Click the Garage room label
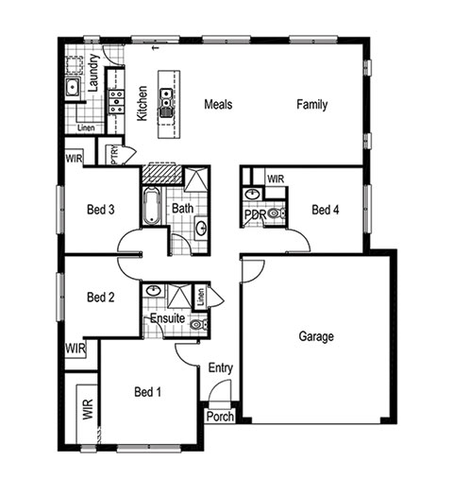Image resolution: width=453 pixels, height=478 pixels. point(316,336)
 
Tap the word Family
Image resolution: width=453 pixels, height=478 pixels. point(311,104)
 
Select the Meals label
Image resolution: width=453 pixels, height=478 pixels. point(218,104)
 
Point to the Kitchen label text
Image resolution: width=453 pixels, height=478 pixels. point(142,103)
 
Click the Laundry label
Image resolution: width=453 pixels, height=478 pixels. point(93,73)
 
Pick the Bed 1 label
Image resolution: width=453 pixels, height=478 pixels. point(147,392)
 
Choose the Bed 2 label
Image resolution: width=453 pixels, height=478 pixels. point(101,297)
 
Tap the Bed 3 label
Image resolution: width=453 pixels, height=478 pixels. point(101,210)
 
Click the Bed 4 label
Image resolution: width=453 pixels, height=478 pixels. point(326,210)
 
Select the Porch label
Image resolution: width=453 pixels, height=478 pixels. point(220,417)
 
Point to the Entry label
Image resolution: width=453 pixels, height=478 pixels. point(221,368)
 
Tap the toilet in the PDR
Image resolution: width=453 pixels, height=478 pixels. point(277,213)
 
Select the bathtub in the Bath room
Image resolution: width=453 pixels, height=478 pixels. point(152,206)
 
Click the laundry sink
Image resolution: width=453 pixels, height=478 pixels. point(73,86)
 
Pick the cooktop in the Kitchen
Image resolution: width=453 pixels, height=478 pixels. point(116,102)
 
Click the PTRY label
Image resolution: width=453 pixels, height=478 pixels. point(114,155)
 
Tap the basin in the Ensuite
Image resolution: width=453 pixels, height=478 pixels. point(153,291)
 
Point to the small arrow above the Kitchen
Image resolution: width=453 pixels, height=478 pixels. point(155,48)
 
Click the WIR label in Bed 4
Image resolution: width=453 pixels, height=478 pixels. point(276,179)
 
